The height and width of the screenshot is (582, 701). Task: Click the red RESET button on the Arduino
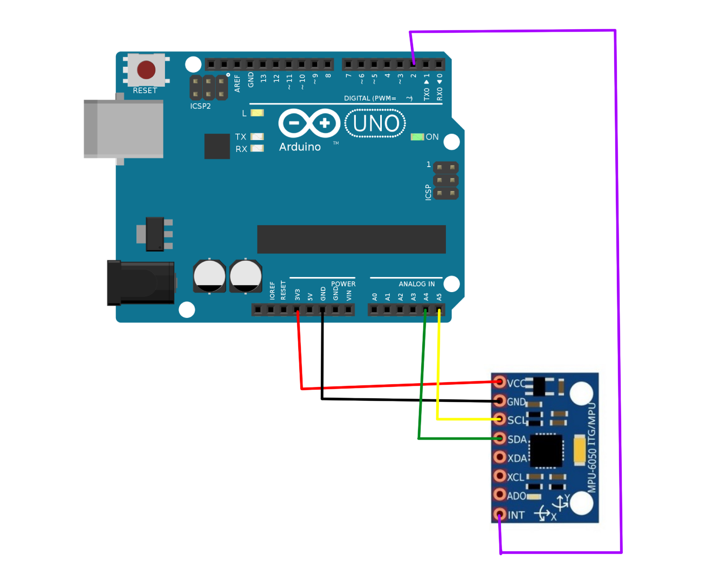[146, 70]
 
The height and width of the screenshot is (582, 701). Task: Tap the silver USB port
[123, 129]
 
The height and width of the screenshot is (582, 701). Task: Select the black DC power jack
[141, 283]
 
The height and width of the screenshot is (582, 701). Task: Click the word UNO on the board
[376, 123]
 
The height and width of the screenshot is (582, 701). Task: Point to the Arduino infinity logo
[309, 123]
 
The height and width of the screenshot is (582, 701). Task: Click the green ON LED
[417, 137]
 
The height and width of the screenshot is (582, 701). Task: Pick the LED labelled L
[257, 113]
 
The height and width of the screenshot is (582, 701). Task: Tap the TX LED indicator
[257, 137]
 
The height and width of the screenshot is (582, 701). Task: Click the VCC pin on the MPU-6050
[500, 383]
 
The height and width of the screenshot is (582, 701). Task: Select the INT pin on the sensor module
[500, 514]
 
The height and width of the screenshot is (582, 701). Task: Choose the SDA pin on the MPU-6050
[500, 439]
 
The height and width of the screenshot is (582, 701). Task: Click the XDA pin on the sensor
[500, 458]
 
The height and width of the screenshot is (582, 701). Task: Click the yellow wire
[438, 377]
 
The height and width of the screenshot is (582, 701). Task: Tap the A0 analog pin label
[375, 297]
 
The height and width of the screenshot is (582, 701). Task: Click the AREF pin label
[238, 84]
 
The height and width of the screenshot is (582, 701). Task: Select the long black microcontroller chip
[351, 239]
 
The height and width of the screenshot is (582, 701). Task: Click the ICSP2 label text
[201, 106]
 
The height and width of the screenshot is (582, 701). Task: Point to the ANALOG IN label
[416, 284]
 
